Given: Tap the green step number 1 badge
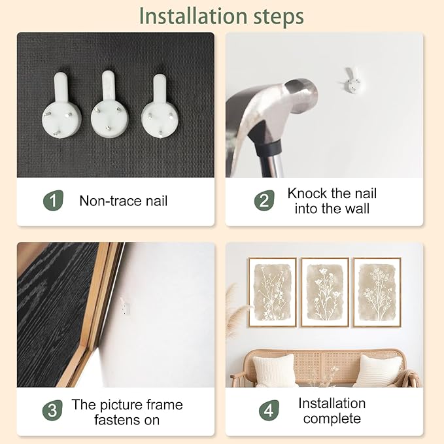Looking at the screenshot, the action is [53, 201].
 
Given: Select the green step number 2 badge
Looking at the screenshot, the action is [264, 201].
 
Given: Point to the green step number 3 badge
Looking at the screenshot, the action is [52, 410].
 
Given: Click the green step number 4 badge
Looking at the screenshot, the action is [269, 410].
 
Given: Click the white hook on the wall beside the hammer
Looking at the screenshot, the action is [352, 80].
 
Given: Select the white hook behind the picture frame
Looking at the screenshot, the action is [125, 305].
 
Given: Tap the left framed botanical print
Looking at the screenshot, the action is [273, 292].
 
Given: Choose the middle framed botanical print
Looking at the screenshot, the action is [325, 292].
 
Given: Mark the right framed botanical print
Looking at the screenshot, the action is [377, 292].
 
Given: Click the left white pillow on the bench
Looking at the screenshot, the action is [274, 370].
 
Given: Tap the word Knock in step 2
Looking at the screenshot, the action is [307, 194].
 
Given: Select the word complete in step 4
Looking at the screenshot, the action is [332, 418].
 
